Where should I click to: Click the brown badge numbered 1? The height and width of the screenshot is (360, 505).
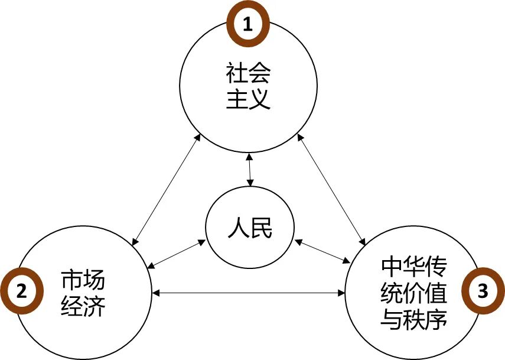[249, 25]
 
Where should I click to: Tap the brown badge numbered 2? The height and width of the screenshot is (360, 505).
[22, 291]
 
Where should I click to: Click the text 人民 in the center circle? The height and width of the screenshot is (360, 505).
[250, 228]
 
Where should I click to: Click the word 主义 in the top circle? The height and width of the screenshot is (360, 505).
[249, 99]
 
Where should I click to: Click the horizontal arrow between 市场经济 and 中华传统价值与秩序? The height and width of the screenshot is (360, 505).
[249, 292]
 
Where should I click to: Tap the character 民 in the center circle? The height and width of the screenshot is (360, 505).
[262, 228]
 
